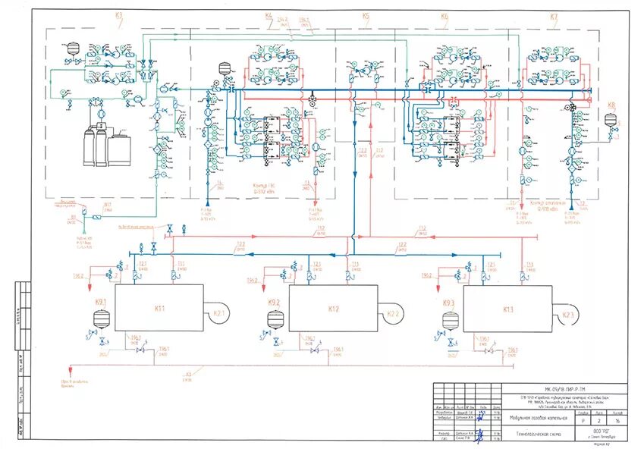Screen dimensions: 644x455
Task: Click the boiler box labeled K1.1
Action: (159, 308)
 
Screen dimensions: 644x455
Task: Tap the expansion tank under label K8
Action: (610, 119)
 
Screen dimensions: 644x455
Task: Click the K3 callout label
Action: (118, 15)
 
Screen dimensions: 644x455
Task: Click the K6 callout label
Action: (445, 16)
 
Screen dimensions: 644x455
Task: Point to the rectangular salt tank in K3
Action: (118, 147)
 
